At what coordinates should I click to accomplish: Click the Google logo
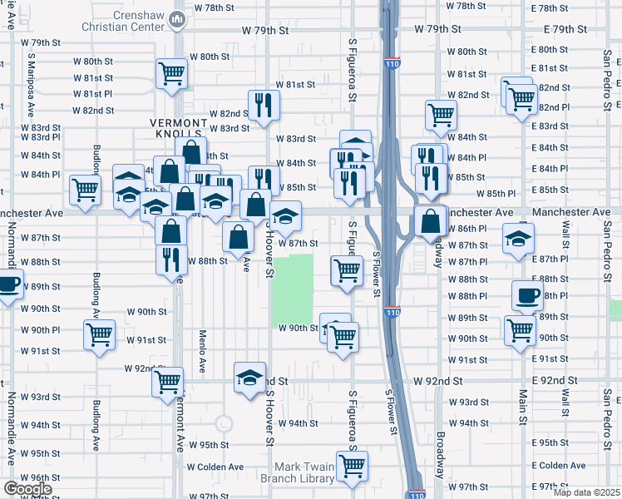point(27,489)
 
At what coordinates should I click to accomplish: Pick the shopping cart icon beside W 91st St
point(100,334)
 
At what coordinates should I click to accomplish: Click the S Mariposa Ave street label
point(31,85)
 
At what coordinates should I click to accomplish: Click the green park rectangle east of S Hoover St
point(294,290)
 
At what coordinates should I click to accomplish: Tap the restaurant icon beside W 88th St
point(171,259)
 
